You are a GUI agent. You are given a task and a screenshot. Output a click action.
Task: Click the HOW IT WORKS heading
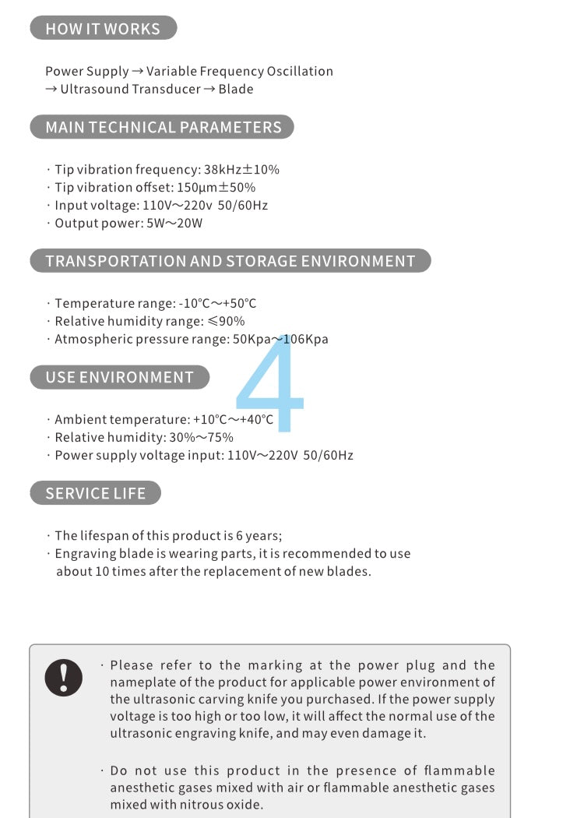point(103,29)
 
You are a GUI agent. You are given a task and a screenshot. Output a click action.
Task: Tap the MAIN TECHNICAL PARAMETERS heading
point(163,127)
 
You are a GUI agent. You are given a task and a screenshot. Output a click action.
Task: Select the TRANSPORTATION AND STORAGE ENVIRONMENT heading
point(230,261)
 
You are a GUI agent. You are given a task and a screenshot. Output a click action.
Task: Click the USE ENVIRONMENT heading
point(119,377)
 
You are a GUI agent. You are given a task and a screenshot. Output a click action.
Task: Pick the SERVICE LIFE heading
point(95,493)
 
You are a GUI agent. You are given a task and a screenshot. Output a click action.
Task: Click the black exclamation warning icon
point(64,677)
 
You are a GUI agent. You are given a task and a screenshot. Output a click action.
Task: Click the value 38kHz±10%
point(241,170)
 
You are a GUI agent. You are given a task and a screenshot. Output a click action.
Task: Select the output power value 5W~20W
point(174,224)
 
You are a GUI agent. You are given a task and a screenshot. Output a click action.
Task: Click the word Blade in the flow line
point(236,90)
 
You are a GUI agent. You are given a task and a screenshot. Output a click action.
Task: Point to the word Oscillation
point(300,72)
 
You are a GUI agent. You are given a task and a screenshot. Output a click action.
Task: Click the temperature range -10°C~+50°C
point(217,304)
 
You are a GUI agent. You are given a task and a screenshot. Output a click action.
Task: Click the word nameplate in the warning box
point(139,683)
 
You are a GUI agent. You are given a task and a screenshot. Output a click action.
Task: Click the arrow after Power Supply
point(138,72)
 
